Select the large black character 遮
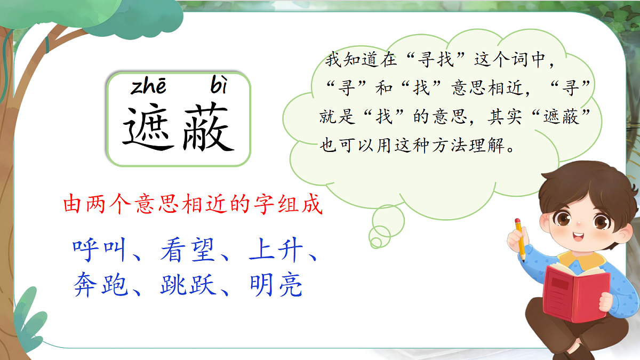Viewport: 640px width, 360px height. tap(149, 128)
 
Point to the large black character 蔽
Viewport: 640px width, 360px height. tap(209, 128)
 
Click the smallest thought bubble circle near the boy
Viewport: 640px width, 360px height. tap(376, 243)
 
